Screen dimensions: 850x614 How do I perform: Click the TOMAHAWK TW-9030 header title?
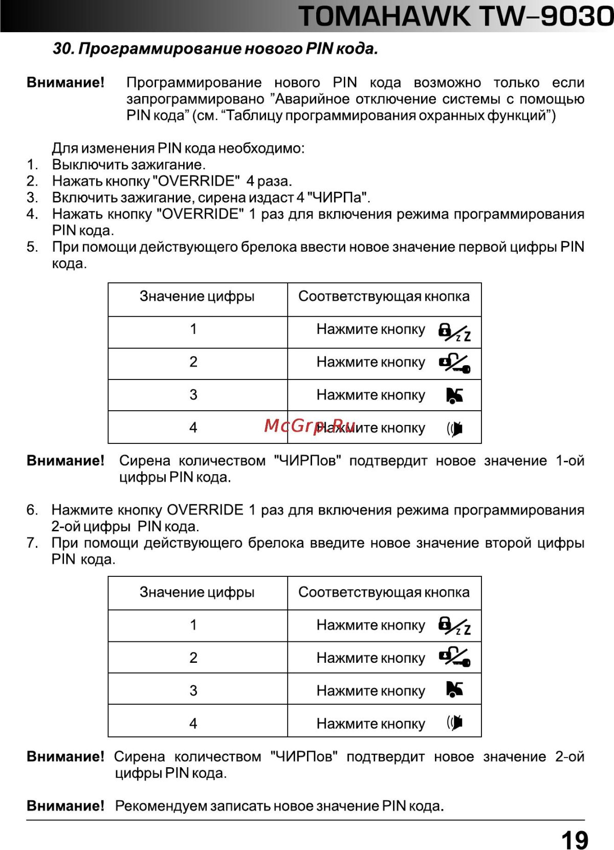tap(455, 16)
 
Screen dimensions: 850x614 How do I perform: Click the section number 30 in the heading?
tap(63, 49)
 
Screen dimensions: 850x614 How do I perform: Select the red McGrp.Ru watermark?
tap(310, 426)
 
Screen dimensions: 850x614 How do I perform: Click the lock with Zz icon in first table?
tap(454, 332)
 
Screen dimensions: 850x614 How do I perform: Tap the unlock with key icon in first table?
tap(454, 364)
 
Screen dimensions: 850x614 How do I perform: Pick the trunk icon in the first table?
tap(454, 395)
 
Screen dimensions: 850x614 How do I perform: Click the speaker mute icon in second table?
tap(454, 723)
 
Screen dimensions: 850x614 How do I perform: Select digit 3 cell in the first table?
tap(193, 395)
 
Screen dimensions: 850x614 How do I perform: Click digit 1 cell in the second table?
tap(193, 625)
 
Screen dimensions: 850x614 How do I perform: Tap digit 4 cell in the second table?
tap(193, 724)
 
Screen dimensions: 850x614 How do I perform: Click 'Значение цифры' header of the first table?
tap(197, 297)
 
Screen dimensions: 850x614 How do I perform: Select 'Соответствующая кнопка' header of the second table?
tap(384, 592)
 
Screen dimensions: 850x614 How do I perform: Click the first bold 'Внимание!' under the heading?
tap(65, 83)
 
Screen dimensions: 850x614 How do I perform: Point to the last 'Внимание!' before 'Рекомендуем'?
tap(65, 806)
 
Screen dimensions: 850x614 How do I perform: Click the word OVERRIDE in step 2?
tap(196, 181)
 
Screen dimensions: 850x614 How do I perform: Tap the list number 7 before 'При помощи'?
tap(32, 543)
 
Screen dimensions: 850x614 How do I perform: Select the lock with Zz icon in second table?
tap(454, 626)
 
